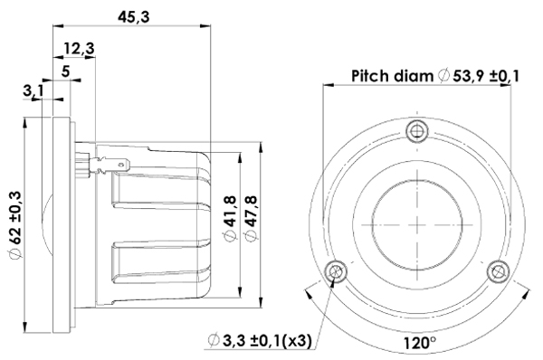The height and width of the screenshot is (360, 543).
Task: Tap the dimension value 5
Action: pyautogui.click(x=66, y=70)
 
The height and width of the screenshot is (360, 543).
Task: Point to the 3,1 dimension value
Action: pyautogui.click(x=33, y=90)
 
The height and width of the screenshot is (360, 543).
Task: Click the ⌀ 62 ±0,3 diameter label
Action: pyautogui.click(x=14, y=226)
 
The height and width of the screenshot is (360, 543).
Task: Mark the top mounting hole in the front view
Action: pyautogui.click(x=416, y=129)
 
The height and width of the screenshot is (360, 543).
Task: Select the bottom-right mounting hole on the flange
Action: pyautogui.click(x=497, y=270)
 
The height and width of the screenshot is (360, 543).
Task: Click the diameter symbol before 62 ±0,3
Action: pyautogui.click(x=14, y=257)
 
